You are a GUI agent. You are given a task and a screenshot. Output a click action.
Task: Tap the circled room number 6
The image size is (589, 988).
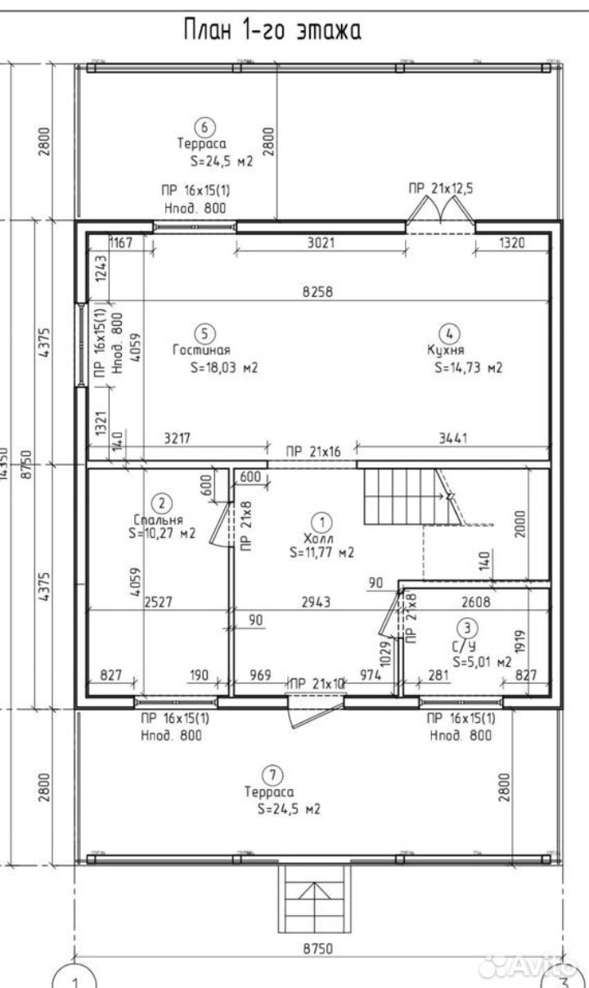pos(204,127)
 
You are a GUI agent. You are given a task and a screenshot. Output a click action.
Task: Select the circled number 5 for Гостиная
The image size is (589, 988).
pos(205,333)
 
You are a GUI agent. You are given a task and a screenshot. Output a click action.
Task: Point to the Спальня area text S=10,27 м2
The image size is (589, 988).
pos(162,534)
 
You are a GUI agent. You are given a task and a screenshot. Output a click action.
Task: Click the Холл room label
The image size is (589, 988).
pos(322,538)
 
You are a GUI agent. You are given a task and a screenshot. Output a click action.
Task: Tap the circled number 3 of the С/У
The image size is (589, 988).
pos(466,629)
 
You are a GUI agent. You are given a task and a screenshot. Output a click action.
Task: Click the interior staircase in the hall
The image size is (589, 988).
pos(397,495)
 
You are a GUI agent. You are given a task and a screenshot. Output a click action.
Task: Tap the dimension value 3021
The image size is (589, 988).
pos(321,242)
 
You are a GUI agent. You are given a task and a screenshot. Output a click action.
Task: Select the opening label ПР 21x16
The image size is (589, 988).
pos(312,451)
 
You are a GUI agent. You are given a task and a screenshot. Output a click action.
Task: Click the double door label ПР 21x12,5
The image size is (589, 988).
pos(442,189)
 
